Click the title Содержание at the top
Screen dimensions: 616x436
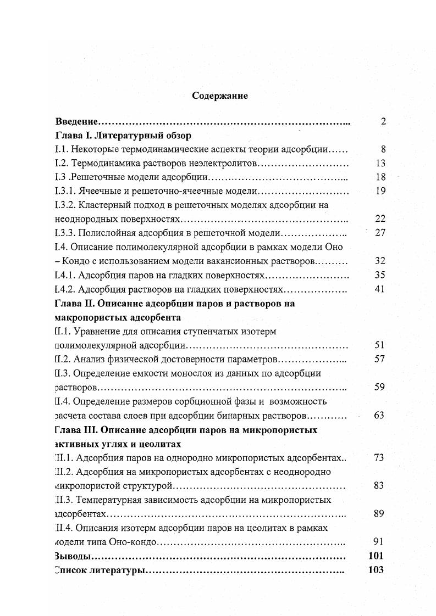tap(220, 96)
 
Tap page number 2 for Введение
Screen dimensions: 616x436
tap(383, 121)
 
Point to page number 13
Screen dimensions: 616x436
tap(380, 163)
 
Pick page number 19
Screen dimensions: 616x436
tap(380, 191)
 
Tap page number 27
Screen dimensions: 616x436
tap(380, 232)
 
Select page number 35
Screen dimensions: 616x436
tap(379, 275)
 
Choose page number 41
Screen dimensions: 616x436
tap(379, 289)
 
